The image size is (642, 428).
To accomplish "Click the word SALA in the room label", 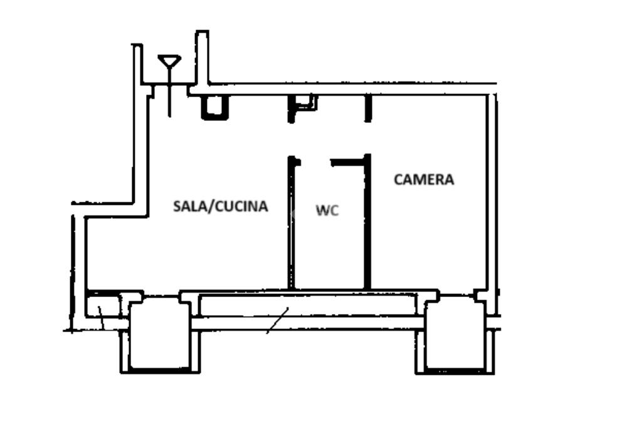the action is (190, 206).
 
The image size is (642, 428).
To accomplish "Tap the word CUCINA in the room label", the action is (241, 206).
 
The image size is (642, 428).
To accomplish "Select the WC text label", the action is (327, 211).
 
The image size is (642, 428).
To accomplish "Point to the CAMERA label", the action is (424, 180).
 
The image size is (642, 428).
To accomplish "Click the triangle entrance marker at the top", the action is (169, 61).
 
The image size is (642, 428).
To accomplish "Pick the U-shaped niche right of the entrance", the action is (214, 108).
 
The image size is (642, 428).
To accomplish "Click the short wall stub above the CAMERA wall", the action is (368, 108).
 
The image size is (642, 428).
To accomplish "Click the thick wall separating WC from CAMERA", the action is (367, 222).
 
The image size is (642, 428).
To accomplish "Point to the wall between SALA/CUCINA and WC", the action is (292, 222).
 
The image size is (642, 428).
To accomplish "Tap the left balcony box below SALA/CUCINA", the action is (160, 333).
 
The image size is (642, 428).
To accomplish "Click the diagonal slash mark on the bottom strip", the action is (278, 320).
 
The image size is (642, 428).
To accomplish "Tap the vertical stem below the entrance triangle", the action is (169, 93).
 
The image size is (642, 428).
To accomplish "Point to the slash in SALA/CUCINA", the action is (211, 206).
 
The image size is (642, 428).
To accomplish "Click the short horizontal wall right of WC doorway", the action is (347, 162).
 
